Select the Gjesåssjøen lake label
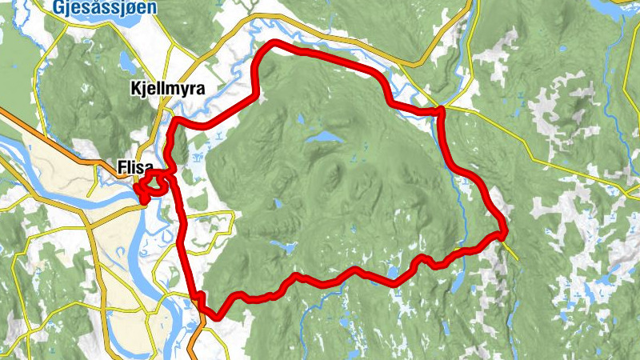105,7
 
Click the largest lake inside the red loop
323,137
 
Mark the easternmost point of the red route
505,232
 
